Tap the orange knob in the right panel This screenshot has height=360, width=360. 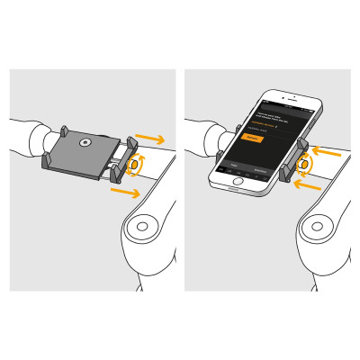click(x=305, y=165)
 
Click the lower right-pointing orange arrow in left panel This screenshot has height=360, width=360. click(x=125, y=192)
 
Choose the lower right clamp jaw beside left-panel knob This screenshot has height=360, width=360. click(x=114, y=175)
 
